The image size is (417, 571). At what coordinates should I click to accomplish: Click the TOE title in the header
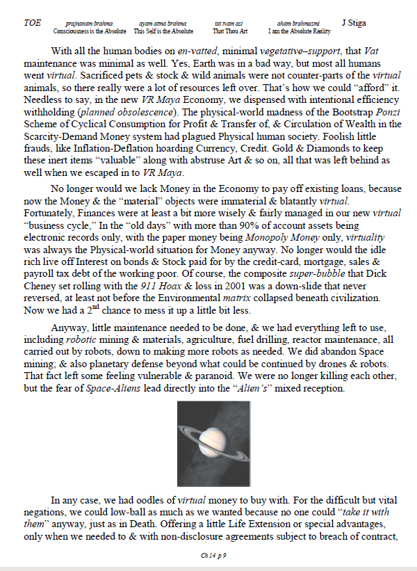click(x=32, y=23)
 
